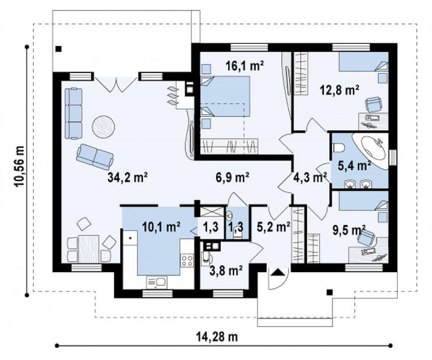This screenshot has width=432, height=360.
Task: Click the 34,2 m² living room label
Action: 128,178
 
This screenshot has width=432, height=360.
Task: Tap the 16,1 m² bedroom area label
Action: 245,65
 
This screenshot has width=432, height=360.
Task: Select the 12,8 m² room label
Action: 340,89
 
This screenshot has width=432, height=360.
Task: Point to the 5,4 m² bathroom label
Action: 354,166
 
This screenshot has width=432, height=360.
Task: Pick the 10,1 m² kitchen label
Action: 162,227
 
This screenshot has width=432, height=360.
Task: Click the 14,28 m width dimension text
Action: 217,337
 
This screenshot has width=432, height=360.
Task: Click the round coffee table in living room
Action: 103,126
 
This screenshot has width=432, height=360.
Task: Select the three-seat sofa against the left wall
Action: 74,113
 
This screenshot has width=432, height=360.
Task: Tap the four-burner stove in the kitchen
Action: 187,261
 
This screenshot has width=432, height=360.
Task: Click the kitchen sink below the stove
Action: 156,282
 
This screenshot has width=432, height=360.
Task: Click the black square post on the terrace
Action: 58,49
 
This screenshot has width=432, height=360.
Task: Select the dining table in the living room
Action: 89,249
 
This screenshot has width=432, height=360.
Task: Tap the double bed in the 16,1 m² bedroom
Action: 225,96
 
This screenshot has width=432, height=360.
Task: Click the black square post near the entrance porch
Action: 329,292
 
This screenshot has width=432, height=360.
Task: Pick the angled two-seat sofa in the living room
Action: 95,157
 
